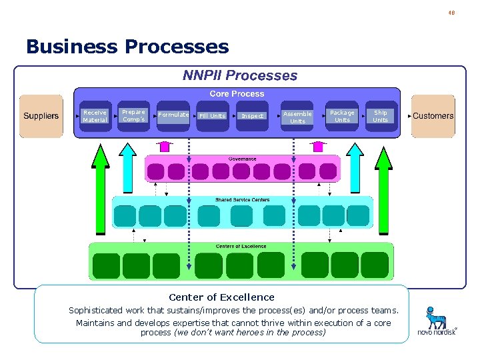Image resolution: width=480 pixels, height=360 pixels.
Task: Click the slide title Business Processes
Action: (127, 47)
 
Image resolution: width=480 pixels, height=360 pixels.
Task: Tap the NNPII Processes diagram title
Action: (240, 75)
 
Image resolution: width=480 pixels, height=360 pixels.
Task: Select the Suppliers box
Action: (41, 116)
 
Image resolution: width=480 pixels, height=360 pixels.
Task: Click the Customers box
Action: (433, 116)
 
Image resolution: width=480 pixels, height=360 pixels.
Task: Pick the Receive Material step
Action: (95, 116)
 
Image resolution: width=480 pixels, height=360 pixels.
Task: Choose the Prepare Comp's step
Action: (134, 116)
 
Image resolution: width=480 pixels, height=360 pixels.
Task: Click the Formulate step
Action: (173, 115)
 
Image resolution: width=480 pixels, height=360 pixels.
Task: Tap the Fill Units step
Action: (213, 116)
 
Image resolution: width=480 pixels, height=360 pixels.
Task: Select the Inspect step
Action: (252, 116)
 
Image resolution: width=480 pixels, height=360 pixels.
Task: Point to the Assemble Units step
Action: (297, 117)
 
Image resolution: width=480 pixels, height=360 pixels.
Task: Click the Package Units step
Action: (342, 116)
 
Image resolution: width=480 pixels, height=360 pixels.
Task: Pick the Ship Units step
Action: (380, 116)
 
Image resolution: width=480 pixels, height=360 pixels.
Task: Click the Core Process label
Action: (237, 94)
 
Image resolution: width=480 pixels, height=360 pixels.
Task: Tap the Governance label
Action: (242, 159)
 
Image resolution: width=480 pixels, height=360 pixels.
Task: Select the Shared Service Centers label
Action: (242, 200)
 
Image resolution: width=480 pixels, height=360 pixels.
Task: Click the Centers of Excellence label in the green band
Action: (241, 246)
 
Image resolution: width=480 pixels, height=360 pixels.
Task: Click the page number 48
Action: (451, 12)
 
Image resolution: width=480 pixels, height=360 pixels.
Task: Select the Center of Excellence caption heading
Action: (221, 297)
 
